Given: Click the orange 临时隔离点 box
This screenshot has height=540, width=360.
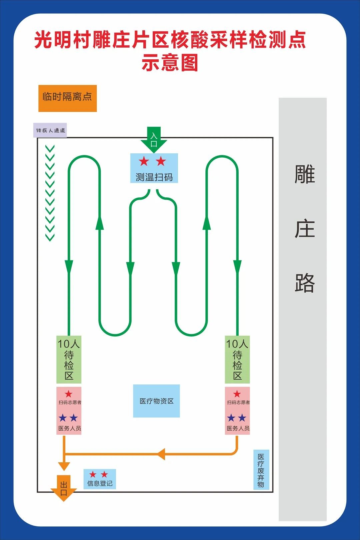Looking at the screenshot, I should point(67,98).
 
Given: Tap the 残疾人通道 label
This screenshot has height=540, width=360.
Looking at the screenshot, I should point(50,130).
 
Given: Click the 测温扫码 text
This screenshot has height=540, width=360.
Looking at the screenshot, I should point(154,177).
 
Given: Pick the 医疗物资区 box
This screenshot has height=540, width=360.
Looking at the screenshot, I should point(156,401).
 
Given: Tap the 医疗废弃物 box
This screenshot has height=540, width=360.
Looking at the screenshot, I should point(261,470).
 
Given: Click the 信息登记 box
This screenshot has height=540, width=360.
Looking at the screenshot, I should point(100,479).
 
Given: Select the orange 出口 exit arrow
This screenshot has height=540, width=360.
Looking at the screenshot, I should point(64,488).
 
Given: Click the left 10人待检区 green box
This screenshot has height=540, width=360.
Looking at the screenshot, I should point(69,360).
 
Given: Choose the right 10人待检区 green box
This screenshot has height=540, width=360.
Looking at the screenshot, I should point(237,360).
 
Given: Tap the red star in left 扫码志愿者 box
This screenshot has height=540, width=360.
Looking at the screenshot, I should point(68,394).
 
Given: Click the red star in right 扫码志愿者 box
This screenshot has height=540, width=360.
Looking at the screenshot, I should point(237,394).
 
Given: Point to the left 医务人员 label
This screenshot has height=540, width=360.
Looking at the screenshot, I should point(70,428).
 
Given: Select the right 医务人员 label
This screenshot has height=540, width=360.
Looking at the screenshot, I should point(238,428).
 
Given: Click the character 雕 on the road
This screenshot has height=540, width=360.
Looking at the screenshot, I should point(305,174).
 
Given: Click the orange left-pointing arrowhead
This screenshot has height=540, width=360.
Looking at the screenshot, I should point(161,454).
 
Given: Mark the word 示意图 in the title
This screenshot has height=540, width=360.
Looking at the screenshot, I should point(170,63).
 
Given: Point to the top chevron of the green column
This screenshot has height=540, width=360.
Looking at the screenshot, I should point(50,148).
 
